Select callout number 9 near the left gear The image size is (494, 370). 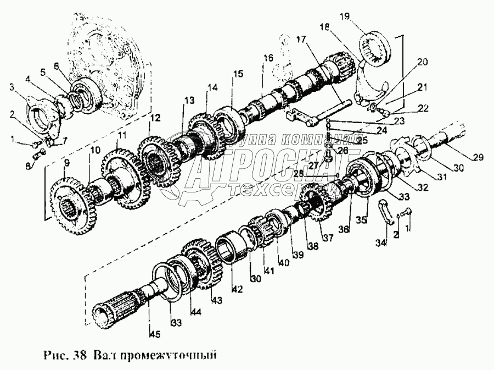click(x=66, y=163)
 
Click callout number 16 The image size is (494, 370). click(x=268, y=58)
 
